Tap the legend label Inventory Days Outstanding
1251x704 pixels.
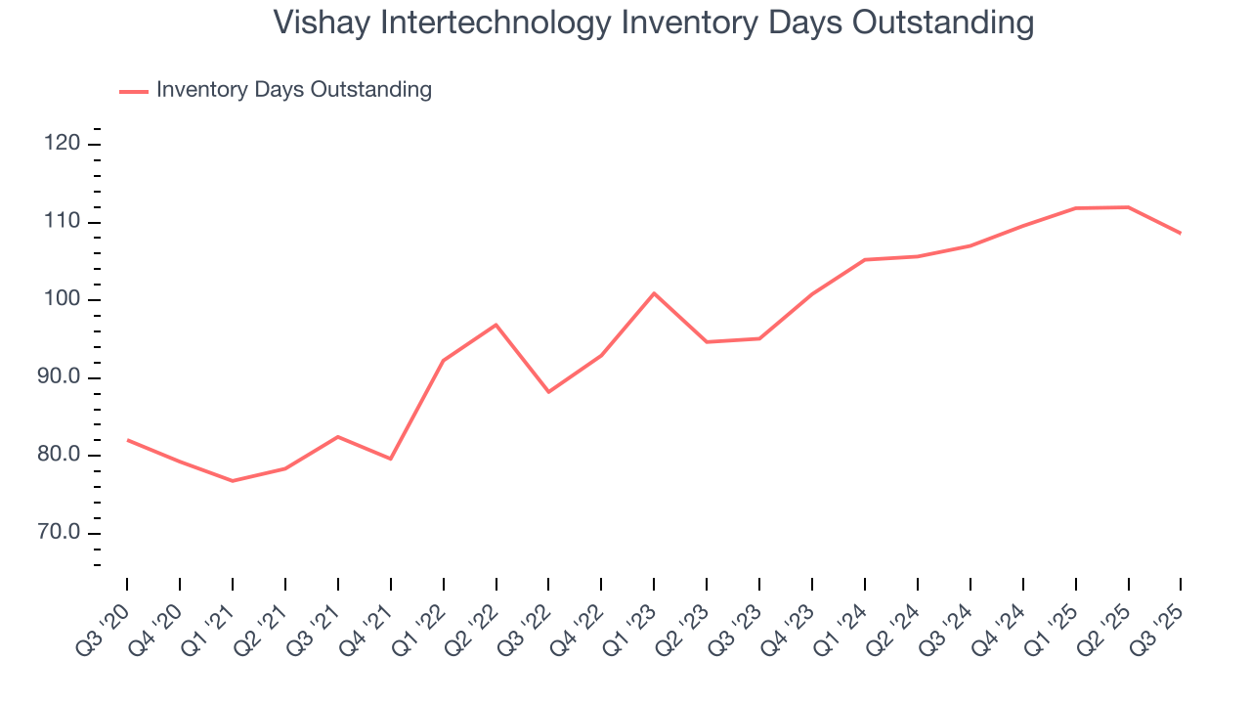(x=293, y=90)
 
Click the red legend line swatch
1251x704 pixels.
(x=133, y=91)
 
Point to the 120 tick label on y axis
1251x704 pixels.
(x=62, y=145)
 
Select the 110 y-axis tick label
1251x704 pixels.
(x=62, y=223)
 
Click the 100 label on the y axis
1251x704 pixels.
(x=62, y=300)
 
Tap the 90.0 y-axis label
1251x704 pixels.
(x=58, y=378)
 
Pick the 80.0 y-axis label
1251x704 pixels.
(x=58, y=456)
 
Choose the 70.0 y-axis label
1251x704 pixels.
(x=58, y=534)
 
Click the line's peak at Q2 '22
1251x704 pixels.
(x=496, y=325)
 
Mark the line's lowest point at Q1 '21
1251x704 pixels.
(x=233, y=481)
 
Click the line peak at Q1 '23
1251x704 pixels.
(x=654, y=293)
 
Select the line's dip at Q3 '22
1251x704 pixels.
(x=548, y=392)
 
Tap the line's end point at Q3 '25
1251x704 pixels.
(x=1181, y=233)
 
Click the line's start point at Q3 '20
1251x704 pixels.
(x=127, y=440)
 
